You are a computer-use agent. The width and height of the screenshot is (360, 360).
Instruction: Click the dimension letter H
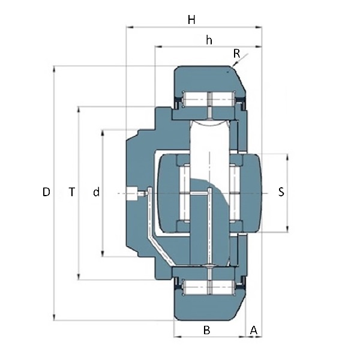coord(191,20)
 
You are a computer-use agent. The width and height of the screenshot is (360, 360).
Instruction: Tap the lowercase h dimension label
coord(209,40)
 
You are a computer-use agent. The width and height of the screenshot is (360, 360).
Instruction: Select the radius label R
coord(236,54)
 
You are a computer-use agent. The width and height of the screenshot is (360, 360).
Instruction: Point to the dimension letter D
coord(46,192)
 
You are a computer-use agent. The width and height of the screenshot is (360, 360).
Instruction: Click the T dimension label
coord(72,192)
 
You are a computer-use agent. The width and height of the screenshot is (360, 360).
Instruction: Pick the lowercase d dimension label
coord(97,192)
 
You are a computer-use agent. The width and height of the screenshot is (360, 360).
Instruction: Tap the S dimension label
coord(281,192)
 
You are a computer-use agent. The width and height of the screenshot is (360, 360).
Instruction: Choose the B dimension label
coord(207,330)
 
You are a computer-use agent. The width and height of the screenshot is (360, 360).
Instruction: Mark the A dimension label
coord(253,330)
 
